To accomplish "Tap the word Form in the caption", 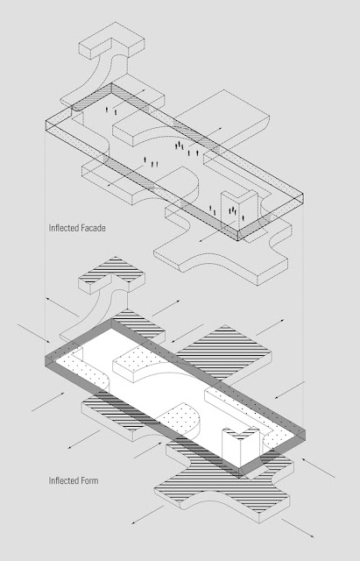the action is (88, 480).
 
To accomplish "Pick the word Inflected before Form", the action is (62, 480).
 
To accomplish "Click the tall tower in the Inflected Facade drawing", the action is (239, 209).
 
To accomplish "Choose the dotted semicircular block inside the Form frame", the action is (180, 417).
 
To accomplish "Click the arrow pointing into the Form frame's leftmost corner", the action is (34, 333).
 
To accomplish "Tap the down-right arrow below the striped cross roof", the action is (298, 528).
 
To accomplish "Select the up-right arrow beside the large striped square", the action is (271, 327).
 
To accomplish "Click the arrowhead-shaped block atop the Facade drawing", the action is (111, 40).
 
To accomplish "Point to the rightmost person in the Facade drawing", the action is (244, 217).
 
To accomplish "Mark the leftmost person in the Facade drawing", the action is (107, 109).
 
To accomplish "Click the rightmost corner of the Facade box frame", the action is (303, 194).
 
